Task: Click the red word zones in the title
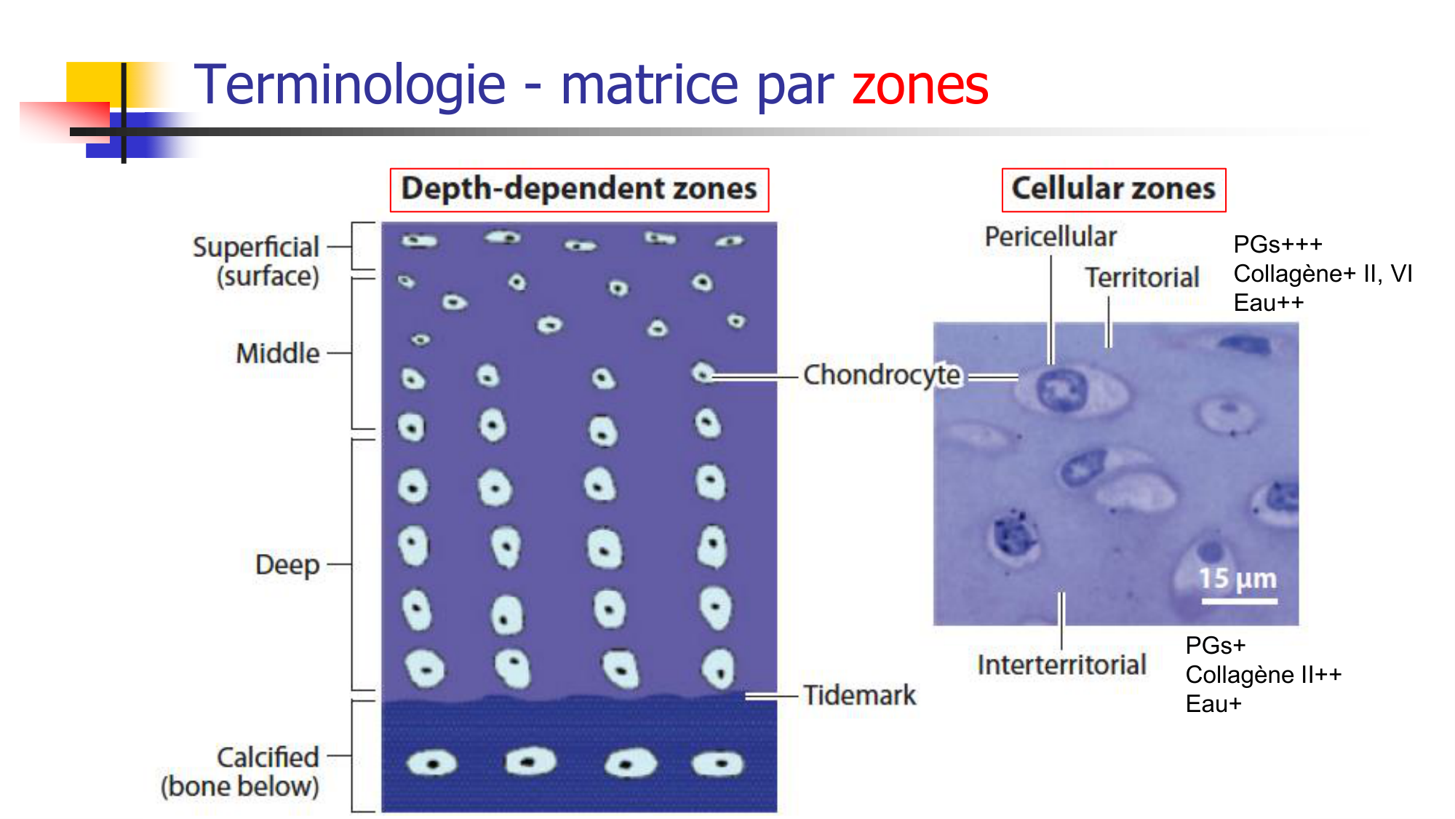point(920,86)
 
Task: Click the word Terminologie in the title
point(349,86)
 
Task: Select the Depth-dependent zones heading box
point(579,189)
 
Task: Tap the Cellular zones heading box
point(1113,189)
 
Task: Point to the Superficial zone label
point(256,248)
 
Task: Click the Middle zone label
point(278,354)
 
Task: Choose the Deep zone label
point(287,565)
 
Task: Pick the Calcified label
point(268,758)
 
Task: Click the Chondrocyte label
point(882,376)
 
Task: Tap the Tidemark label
point(859,695)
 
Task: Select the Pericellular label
point(1051,237)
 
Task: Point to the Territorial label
point(1142,278)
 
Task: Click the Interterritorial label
point(1061,665)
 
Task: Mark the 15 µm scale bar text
point(1237,579)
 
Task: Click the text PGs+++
point(1277,245)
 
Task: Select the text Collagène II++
point(1263,675)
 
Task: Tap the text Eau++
point(1268,303)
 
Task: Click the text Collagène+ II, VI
point(1323,274)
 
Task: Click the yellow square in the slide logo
point(93,82)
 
